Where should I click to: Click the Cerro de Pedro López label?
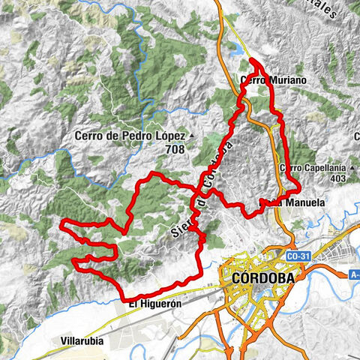pyautogui.click(x=130, y=136)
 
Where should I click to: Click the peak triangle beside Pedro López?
pyautogui.click(x=191, y=136)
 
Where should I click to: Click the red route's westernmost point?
pyautogui.click(x=61, y=222)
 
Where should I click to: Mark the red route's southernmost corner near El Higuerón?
pyautogui.click(x=123, y=300)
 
